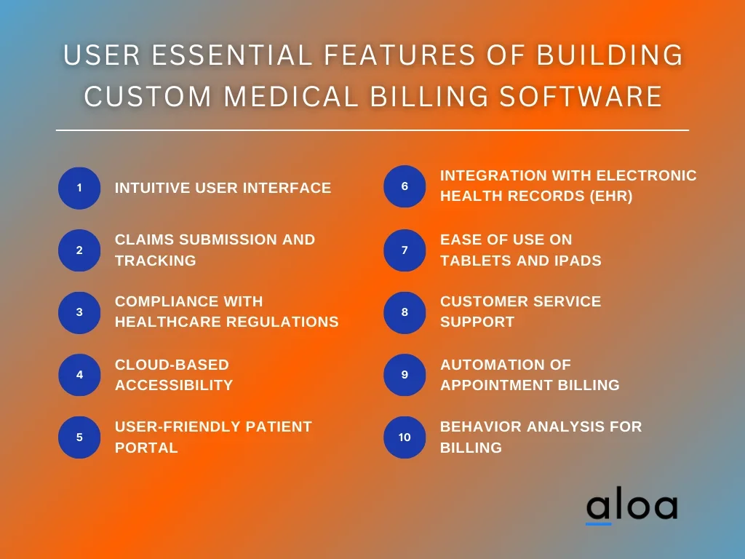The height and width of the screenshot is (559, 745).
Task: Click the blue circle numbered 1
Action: click(79, 188)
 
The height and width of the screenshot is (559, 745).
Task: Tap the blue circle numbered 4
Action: click(79, 375)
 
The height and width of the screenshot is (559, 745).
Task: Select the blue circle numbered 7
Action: click(405, 250)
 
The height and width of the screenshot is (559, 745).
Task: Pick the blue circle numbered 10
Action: click(405, 437)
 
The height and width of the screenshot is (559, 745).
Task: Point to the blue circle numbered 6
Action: click(405, 186)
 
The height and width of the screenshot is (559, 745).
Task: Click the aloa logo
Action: click(632, 507)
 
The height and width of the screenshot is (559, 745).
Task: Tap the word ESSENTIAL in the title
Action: click(232, 55)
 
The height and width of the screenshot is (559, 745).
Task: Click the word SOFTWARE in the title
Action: click(581, 97)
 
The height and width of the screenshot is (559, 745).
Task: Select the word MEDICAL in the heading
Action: click(291, 97)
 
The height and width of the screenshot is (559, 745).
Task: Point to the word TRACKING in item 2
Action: click(156, 261)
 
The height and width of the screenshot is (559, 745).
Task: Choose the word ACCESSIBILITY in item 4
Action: click(174, 385)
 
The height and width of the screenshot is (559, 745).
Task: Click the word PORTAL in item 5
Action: click(146, 448)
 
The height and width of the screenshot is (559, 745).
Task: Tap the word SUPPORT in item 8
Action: click(477, 322)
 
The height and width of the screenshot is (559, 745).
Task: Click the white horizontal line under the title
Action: click(372, 130)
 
